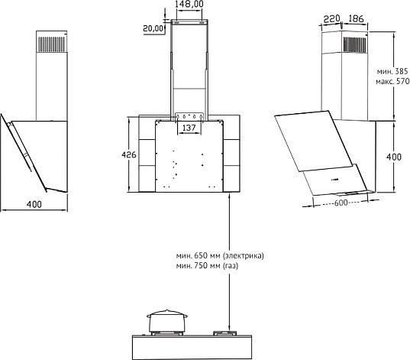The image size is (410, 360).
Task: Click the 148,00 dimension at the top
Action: click(189, 5)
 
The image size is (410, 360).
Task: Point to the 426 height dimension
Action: click(129, 155)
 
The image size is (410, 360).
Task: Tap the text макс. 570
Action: click(392, 82)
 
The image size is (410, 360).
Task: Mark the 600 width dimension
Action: click(341, 203)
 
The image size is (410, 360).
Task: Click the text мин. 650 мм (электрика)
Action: click(218, 255)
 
